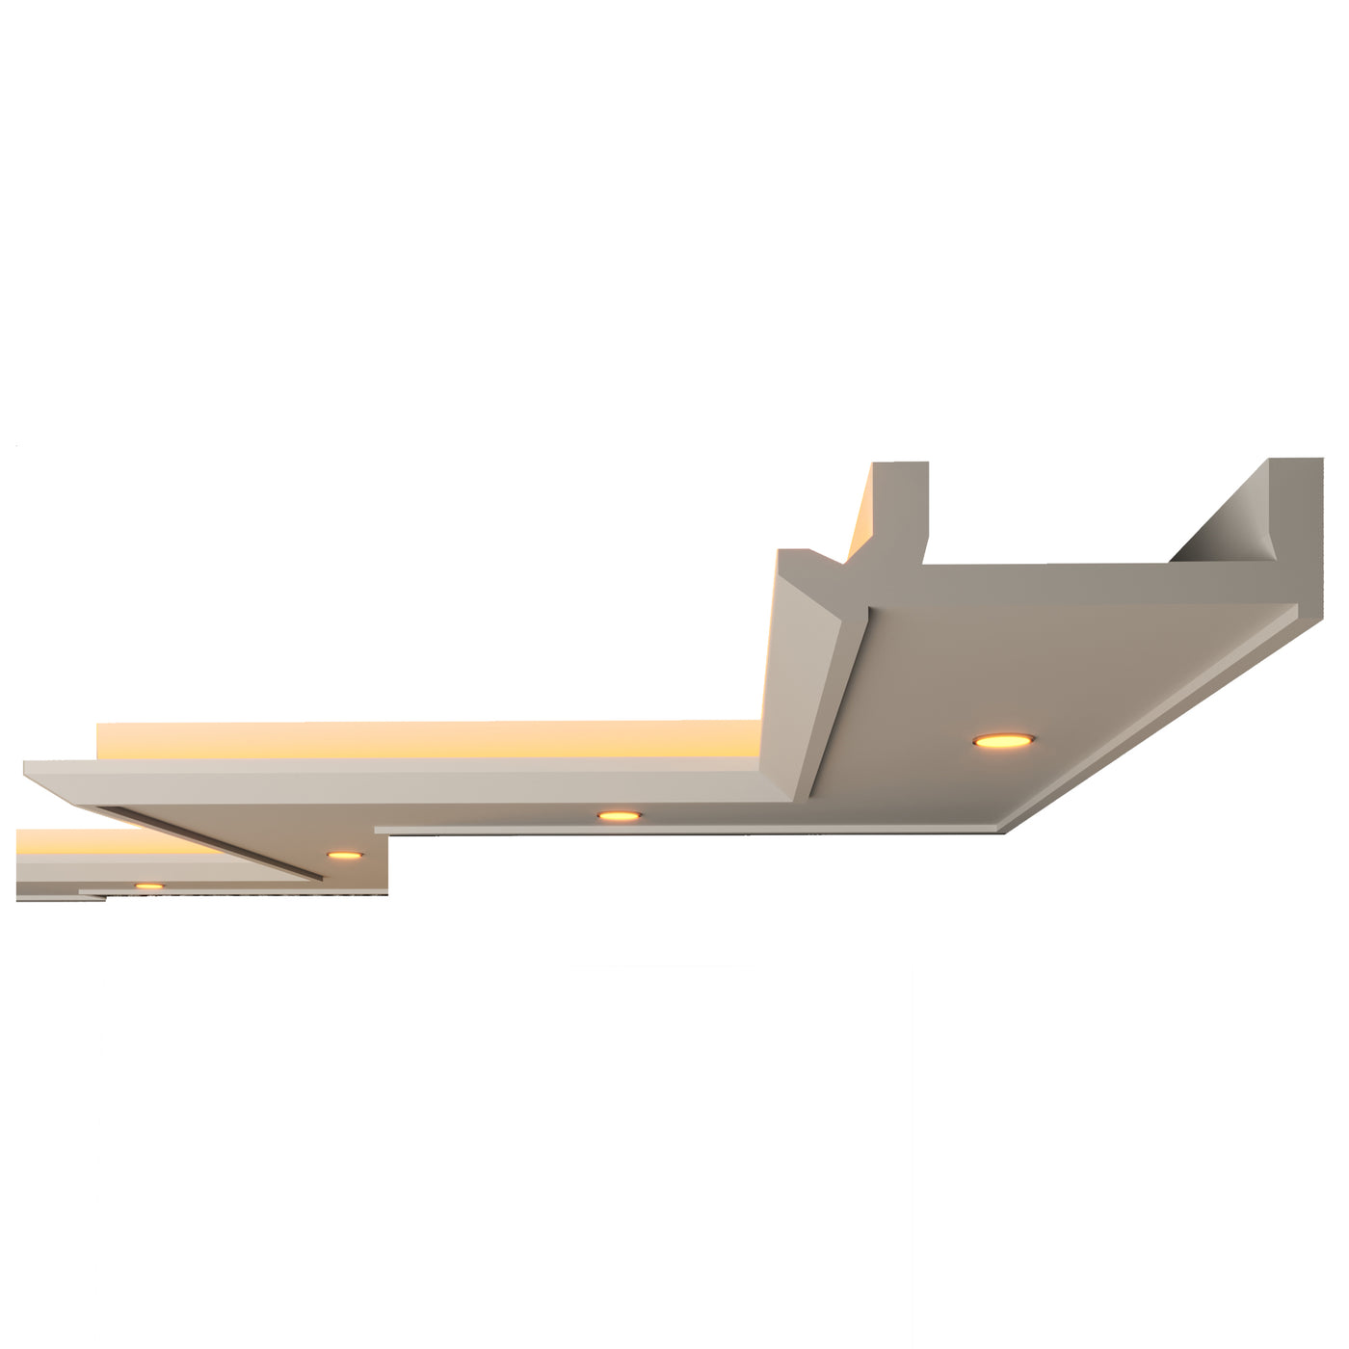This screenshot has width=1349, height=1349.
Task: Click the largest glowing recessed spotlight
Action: point(1003,740)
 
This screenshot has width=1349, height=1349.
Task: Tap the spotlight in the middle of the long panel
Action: point(619,816)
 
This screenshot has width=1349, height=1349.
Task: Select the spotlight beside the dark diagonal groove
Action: point(344,855)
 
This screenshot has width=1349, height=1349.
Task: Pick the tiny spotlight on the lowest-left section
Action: point(148,886)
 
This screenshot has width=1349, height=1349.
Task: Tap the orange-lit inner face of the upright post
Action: point(860,520)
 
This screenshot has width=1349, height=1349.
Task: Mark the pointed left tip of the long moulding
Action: point(29,766)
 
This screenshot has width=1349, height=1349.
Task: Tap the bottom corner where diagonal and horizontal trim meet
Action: point(1002,829)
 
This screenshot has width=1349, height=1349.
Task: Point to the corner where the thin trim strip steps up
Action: point(381,830)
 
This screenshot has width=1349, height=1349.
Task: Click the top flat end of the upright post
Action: point(901,466)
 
